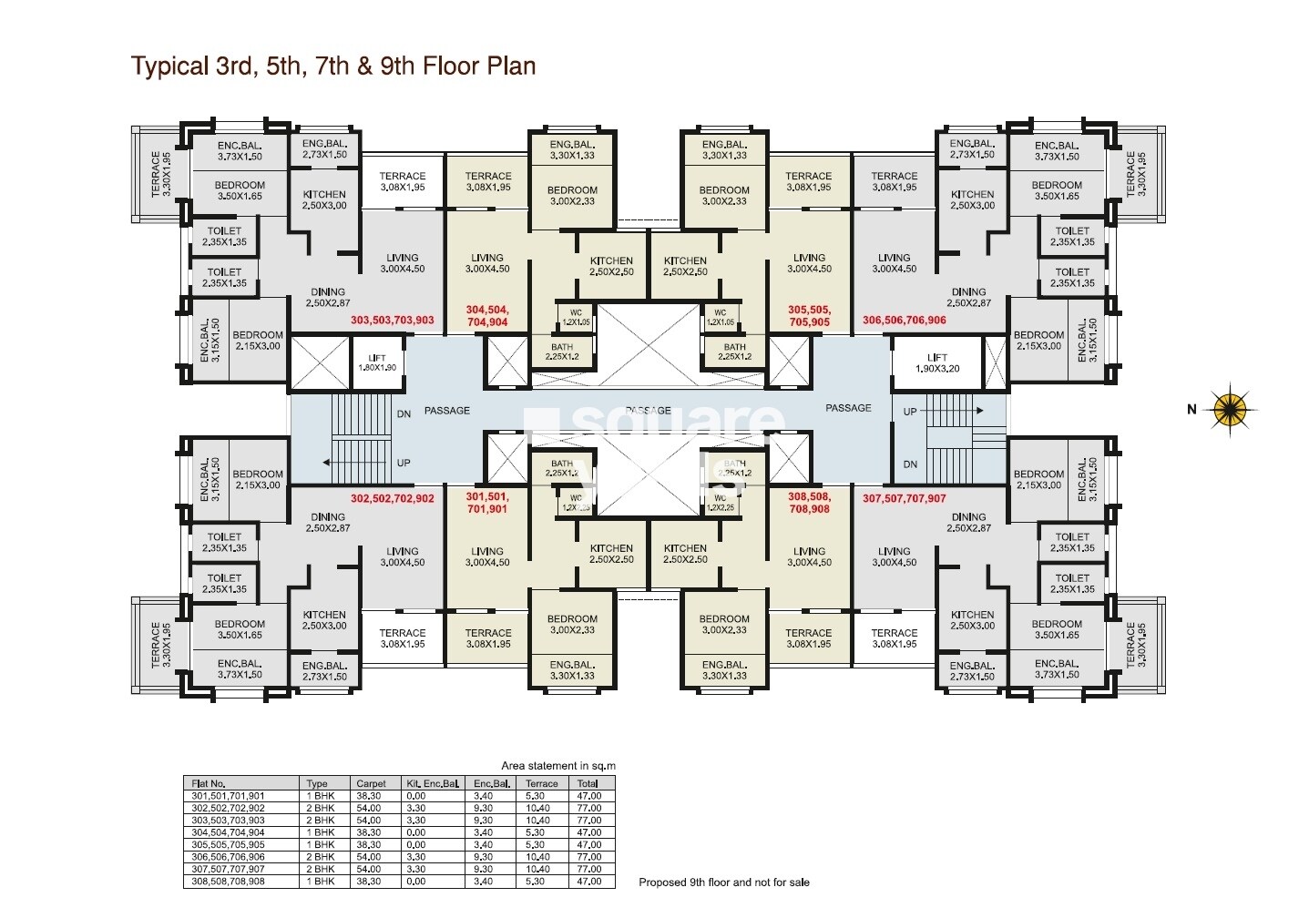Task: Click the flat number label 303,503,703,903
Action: (x=392, y=321)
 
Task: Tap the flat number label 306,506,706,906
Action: (x=904, y=321)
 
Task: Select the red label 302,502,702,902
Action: (x=392, y=499)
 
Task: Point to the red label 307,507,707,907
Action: (x=904, y=499)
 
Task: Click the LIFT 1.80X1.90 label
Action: (x=377, y=362)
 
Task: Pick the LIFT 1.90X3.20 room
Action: (x=936, y=362)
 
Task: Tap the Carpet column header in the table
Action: (x=371, y=783)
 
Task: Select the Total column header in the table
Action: (x=588, y=783)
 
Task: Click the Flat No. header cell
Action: (x=209, y=783)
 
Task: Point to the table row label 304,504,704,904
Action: (x=229, y=832)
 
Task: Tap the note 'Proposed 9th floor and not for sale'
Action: (x=723, y=882)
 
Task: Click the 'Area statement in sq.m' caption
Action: (x=557, y=766)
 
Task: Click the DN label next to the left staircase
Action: (x=404, y=413)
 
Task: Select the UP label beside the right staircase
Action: (x=909, y=412)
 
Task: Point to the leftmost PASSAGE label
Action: (x=447, y=411)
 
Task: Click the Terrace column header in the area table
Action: (x=542, y=783)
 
